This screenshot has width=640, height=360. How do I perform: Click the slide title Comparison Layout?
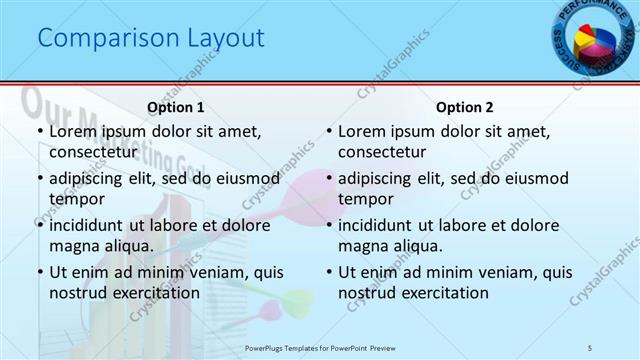[150, 39]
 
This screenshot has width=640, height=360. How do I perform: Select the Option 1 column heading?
[176, 107]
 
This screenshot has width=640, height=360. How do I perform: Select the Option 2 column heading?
[464, 107]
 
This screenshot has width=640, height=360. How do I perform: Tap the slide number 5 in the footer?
[591, 347]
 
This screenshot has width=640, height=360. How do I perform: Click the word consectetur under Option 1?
[93, 152]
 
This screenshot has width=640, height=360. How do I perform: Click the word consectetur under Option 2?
[382, 152]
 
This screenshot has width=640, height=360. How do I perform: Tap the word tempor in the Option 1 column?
[75, 199]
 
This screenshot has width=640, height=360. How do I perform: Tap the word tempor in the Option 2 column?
[364, 199]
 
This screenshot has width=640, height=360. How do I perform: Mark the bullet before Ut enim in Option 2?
[327, 273]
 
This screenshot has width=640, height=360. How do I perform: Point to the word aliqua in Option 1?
[127, 246]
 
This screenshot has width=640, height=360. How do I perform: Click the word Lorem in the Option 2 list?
[362, 132]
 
